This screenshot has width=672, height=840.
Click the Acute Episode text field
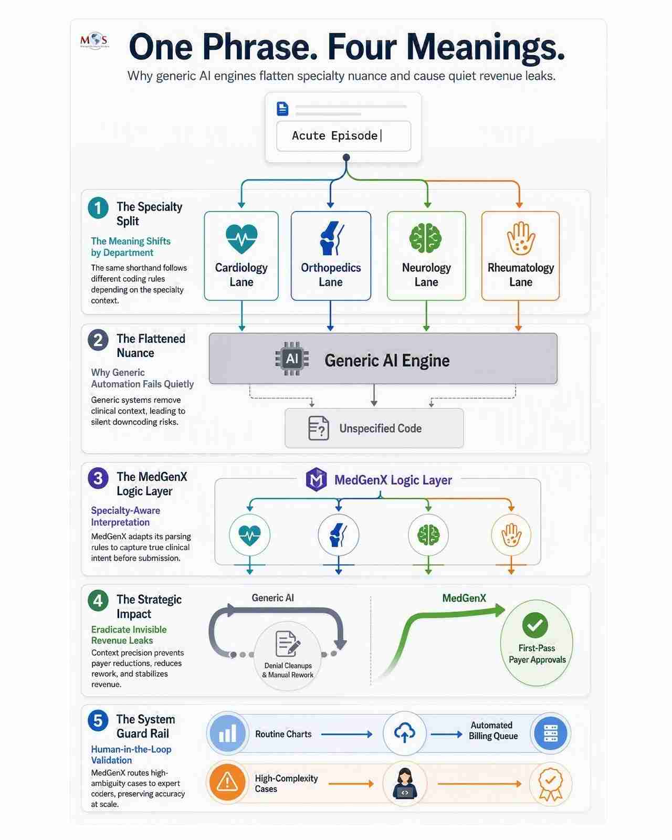(x=343, y=136)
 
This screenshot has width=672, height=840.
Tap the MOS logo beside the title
(x=94, y=40)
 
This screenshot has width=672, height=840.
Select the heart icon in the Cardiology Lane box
(x=241, y=238)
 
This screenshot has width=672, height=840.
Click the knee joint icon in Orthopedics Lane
(x=331, y=238)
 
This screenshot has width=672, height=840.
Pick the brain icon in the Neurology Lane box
(x=425, y=238)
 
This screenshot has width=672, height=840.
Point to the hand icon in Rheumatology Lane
(x=520, y=238)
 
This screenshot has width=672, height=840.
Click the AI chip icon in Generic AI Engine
(x=292, y=359)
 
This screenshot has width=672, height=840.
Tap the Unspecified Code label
(x=380, y=428)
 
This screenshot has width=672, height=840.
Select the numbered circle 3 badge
(x=98, y=478)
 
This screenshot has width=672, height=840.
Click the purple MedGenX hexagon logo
(x=316, y=479)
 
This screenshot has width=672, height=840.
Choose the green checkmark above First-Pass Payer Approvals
(x=534, y=625)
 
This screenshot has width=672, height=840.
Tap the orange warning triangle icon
(x=227, y=782)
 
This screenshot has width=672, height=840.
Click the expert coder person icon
(x=405, y=783)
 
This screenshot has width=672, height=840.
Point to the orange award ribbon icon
(x=550, y=783)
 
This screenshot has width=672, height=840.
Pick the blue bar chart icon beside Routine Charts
(x=228, y=733)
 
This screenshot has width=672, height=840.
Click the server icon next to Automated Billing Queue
(x=551, y=733)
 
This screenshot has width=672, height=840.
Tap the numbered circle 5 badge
(x=98, y=720)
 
